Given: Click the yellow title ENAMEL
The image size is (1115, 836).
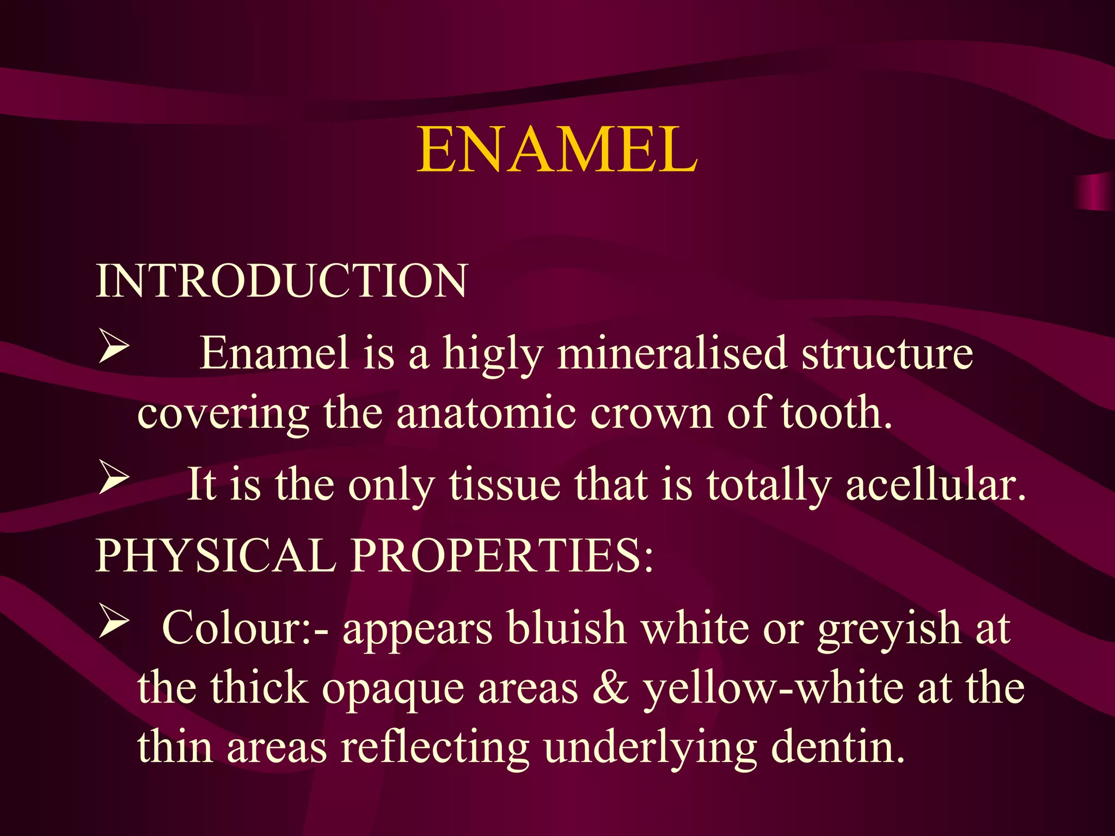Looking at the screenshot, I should tap(556, 150).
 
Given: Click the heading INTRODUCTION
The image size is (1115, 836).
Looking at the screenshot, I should tap(281, 281).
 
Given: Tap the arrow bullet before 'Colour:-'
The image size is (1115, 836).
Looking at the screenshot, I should tap(114, 623).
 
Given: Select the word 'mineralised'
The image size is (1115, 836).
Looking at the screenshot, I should tap(672, 354).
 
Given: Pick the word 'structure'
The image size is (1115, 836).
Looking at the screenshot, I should tap(887, 354).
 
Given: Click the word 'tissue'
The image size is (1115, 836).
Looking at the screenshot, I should tap(504, 484).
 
